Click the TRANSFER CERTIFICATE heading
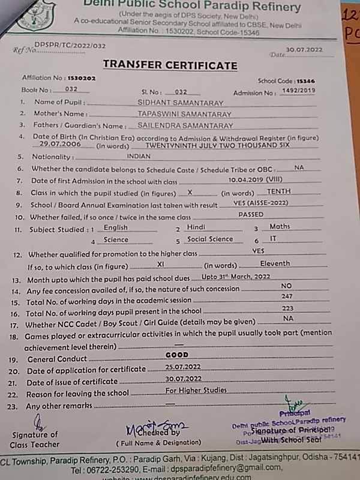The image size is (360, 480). (170, 65)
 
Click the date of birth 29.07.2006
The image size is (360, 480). (59, 145)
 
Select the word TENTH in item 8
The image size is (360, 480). (278, 191)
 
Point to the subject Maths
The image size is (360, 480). (280, 227)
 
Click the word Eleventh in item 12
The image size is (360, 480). (275, 263)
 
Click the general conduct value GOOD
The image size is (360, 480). (176, 355)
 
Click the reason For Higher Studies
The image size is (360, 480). (196, 391)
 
